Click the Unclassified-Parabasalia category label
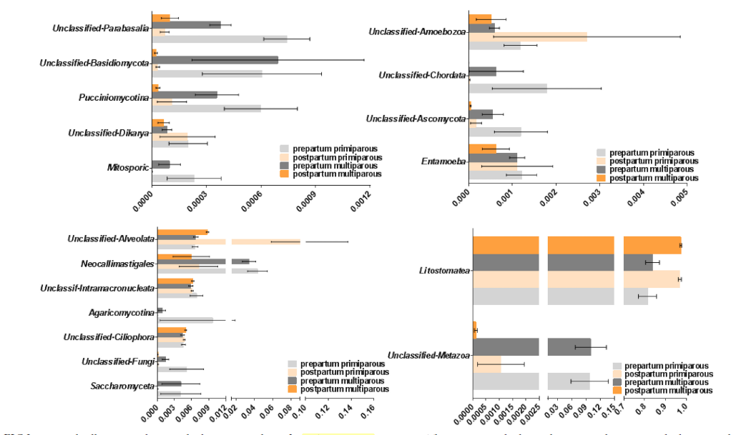tap(100, 29)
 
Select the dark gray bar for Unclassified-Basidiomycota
tap(215, 60)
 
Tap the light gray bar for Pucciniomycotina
tap(206, 109)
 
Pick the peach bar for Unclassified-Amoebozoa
tap(527, 36)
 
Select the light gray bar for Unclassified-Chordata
tap(507, 89)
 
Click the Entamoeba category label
tap(442, 162)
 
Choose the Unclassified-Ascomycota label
tap(416, 119)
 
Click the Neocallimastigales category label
tap(117, 264)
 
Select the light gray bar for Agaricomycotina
tap(185, 320)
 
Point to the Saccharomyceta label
tap(122, 386)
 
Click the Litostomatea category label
tap(444, 271)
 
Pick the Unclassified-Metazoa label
tap(428, 356)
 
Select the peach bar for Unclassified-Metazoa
tap(486, 364)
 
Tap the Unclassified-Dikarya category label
tap(108, 133)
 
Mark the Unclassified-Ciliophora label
tap(108, 337)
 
